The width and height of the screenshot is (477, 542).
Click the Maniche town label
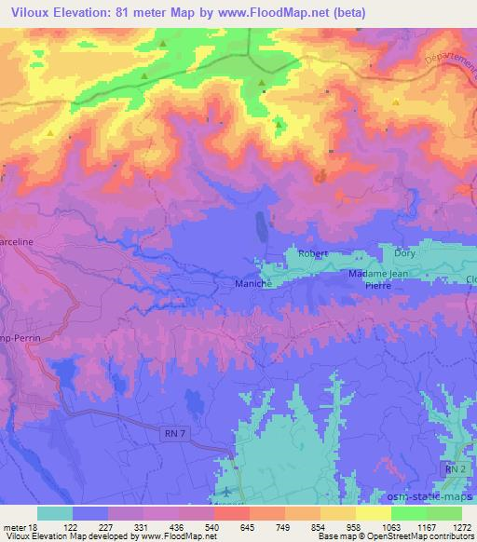click(252, 282)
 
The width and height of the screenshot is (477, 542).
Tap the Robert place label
click(314, 253)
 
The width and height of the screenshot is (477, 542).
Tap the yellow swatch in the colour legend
click(373, 512)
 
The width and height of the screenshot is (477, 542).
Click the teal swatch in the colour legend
click(55, 512)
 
